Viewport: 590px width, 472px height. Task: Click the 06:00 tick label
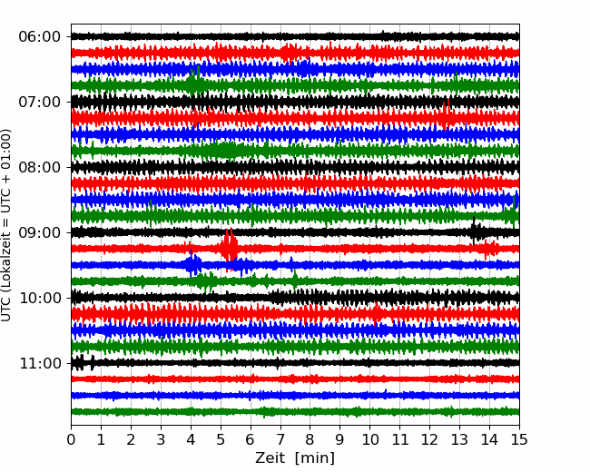tap(40, 37)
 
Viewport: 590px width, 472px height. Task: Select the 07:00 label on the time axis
tap(40, 102)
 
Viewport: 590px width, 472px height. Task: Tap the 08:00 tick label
tap(40, 167)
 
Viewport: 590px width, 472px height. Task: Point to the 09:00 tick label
tap(40, 232)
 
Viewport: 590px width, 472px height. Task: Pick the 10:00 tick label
tap(40, 298)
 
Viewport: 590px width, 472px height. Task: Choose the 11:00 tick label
tap(40, 363)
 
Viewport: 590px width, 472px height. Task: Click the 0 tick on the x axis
tap(71, 439)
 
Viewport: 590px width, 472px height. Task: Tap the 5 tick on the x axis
tap(221, 439)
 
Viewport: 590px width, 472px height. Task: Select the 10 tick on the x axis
tap(369, 439)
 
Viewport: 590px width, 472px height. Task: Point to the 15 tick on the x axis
tap(519, 439)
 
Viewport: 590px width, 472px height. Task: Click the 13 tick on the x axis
tap(459, 439)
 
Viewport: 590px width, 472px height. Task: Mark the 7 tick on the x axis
tap(280, 439)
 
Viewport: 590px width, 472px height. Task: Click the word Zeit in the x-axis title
tap(270, 457)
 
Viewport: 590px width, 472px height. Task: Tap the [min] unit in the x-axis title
tap(315, 458)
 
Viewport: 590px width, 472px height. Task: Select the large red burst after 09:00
tap(229, 247)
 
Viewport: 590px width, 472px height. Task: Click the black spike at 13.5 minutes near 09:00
tap(475, 231)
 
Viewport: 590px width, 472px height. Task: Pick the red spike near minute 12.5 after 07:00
tap(447, 114)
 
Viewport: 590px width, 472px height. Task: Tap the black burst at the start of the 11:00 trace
tap(82, 362)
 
